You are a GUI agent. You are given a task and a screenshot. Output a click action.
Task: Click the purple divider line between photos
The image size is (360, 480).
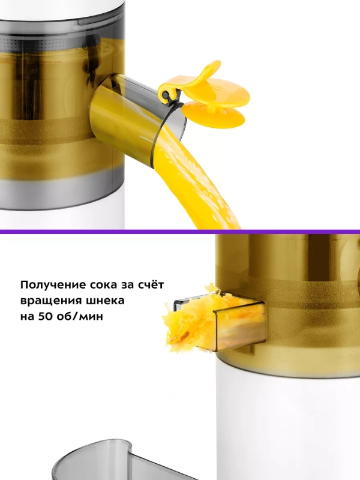[180, 231]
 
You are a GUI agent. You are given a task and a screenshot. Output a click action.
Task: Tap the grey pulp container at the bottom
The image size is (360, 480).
[102, 465]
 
